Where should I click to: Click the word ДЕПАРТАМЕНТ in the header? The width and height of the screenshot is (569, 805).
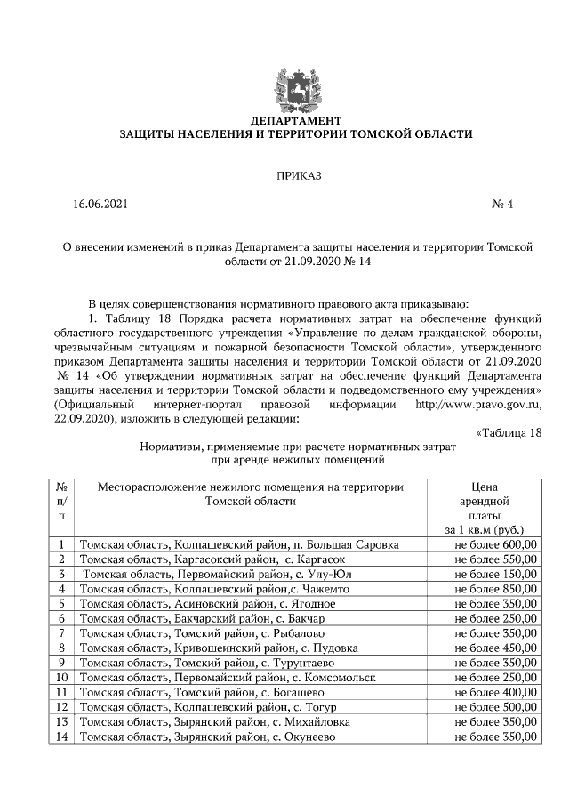click(296, 120)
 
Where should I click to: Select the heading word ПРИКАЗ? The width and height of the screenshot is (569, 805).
click(297, 174)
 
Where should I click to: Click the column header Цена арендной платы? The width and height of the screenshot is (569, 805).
click(485, 508)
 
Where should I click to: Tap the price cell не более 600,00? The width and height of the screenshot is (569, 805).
click(495, 544)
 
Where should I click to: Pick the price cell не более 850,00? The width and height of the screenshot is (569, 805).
click(495, 589)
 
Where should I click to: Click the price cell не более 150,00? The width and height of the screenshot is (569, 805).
click(495, 574)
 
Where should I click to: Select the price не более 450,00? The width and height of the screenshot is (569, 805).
click(495, 648)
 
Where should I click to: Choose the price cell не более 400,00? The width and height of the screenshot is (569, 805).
click(495, 692)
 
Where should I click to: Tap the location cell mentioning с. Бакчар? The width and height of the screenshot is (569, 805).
click(203, 618)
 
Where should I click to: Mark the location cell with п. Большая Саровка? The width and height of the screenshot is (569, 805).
click(238, 544)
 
